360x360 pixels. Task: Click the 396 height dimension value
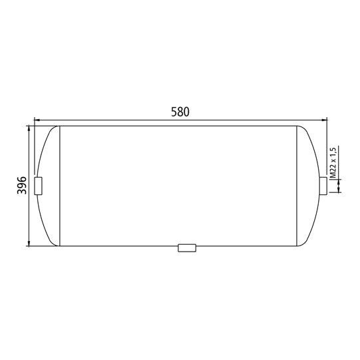[21, 186]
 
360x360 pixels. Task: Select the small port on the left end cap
[38, 186]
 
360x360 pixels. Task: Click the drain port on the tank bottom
[187, 248]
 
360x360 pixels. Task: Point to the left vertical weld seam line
[61, 186]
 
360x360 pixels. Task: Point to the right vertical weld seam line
[297, 186]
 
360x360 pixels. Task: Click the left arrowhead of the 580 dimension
[36, 120]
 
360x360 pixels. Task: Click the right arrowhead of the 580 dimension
[325, 120]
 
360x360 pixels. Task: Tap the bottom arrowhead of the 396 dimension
[29, 243]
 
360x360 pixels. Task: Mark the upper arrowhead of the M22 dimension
[340, 174]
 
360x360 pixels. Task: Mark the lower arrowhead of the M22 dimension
[340, 192]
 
